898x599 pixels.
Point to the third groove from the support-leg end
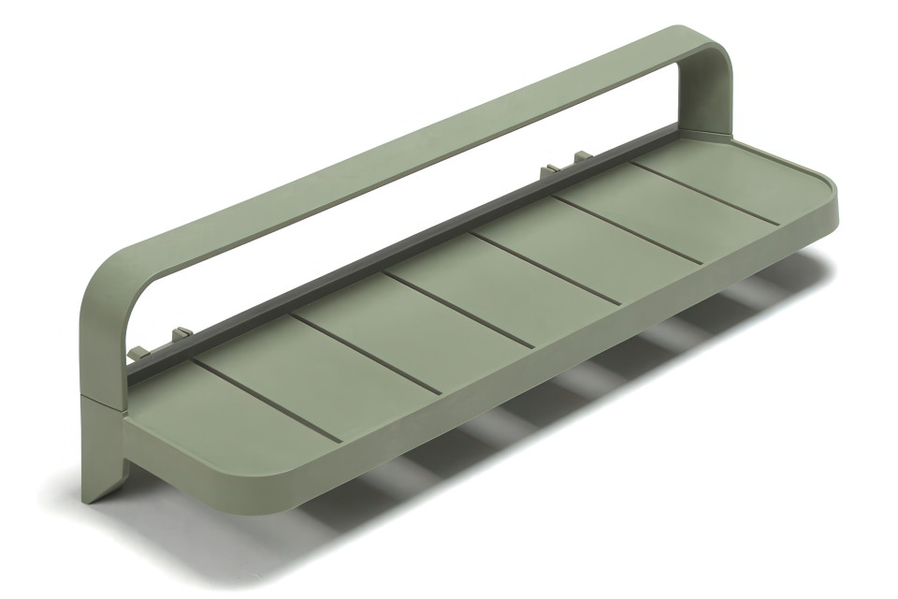click(458, 310)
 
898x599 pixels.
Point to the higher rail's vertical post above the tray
click(697, 103)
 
